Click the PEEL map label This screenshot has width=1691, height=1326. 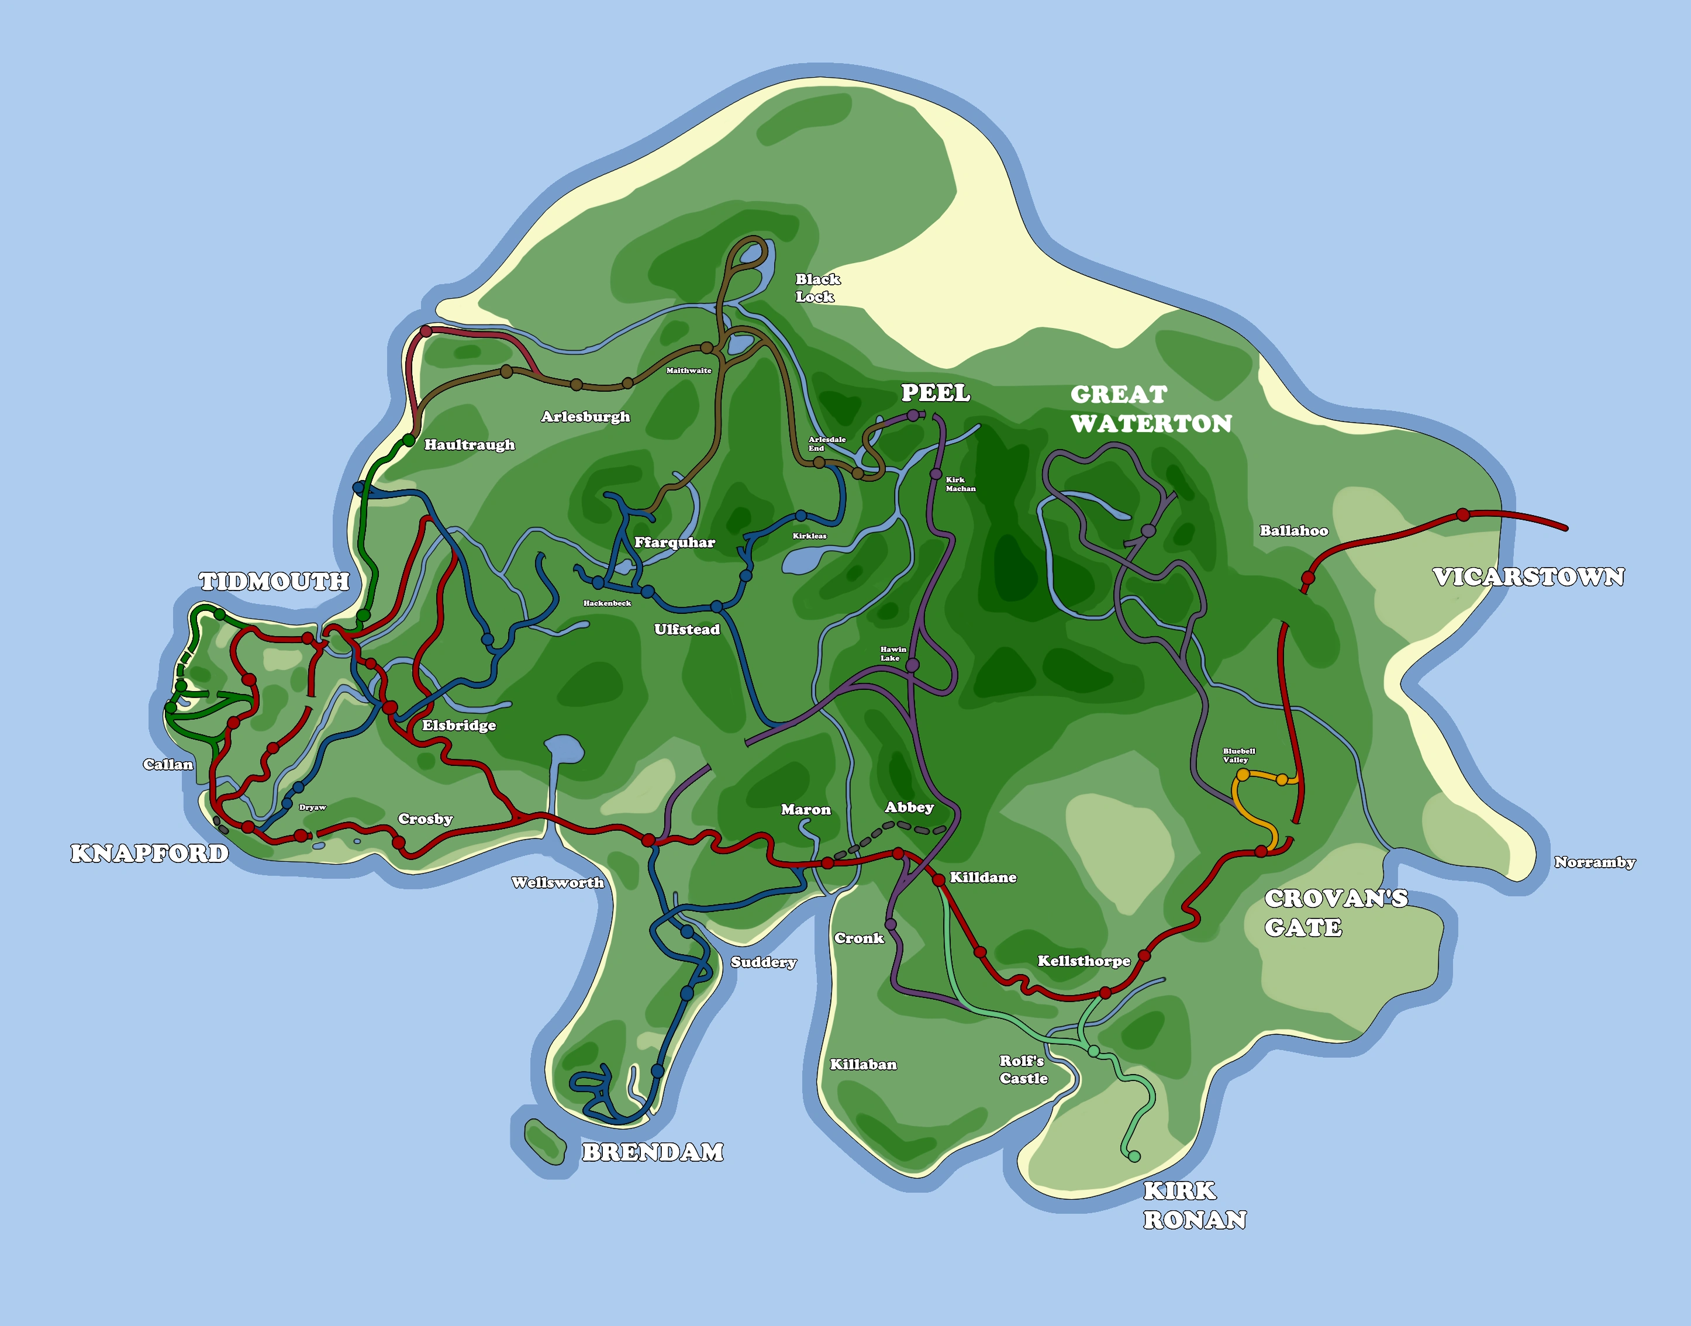935,393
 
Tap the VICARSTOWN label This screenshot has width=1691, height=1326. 1528,577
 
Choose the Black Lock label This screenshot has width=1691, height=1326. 817,287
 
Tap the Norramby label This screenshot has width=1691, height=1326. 1595,862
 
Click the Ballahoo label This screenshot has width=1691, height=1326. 1293,531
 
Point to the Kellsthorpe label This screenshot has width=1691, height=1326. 1084,961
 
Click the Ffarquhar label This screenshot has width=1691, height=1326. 674,542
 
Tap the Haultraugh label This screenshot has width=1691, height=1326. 469,445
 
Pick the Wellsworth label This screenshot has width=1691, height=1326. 557,883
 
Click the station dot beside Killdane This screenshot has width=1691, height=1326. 938,879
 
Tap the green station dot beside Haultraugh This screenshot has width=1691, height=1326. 408,440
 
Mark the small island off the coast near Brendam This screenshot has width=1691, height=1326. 544,1141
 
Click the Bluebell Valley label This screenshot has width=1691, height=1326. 1238,755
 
